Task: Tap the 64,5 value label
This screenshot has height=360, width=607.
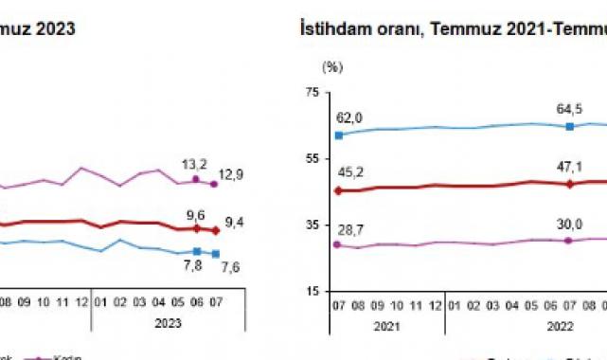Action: coord(568,109)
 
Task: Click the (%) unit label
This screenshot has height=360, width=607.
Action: coord(331,67)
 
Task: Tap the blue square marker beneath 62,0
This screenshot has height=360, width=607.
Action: coord(338,135)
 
